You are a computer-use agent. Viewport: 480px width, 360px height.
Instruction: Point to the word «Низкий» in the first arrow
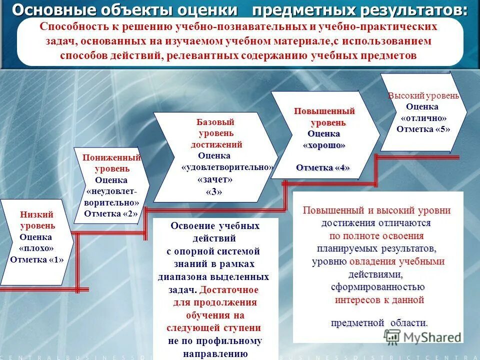[36, 214]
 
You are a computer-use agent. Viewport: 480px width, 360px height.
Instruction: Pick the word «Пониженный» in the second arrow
[111, 158]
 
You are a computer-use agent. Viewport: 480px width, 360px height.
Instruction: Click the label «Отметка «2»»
[110, 213]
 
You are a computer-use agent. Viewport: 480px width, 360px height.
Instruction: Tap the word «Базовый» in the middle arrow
[215, 122]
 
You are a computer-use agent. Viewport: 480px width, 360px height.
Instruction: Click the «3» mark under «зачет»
[213, 192]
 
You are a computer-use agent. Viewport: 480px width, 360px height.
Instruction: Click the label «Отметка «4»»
[323, 167]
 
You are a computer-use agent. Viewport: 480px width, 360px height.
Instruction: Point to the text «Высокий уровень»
[423, 96]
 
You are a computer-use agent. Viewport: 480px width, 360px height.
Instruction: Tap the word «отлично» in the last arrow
[423, 118]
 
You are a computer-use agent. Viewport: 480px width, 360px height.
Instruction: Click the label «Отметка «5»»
[423, 129]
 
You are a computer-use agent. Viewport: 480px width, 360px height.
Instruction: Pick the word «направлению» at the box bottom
[216, 353]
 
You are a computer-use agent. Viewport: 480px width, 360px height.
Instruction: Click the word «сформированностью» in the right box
[377, 287]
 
